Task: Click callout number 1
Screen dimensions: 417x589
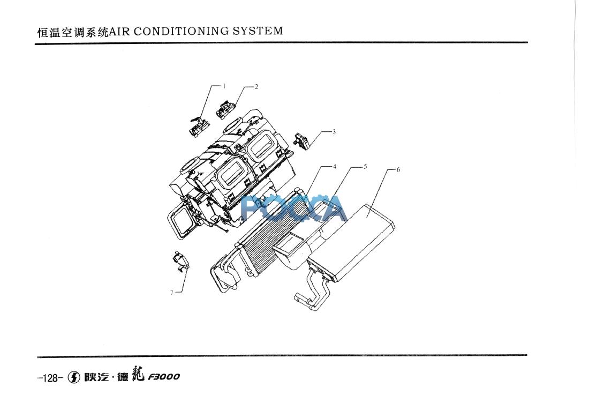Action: point(224,86)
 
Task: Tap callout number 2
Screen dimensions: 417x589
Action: point(256,86)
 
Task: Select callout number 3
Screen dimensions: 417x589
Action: point(334,131)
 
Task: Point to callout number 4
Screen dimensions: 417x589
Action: point(334,167)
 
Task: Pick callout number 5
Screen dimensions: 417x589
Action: point(365,167)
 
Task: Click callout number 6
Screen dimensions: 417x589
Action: point(398,170)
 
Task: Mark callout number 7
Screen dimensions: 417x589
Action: point(171,293)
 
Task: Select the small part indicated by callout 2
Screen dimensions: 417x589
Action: point(224,110)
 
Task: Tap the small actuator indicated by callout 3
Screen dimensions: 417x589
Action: point(302,142)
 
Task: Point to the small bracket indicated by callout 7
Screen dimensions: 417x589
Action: point(182,261)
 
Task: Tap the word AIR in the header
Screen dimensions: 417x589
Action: point(120,31)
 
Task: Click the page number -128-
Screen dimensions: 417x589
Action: point(50,377)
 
